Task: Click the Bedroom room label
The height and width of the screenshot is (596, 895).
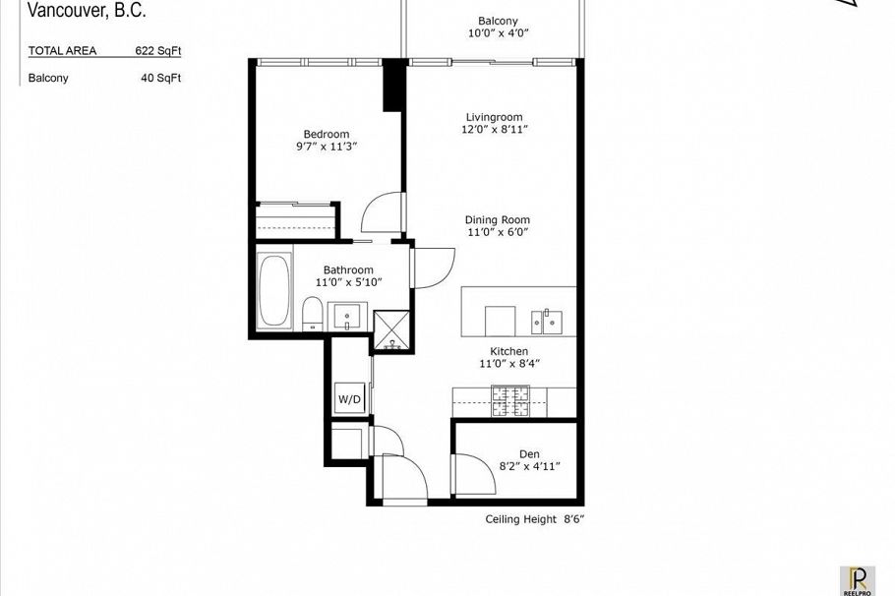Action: point(327,134)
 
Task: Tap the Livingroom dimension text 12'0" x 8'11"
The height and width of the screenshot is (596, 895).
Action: point(495,130)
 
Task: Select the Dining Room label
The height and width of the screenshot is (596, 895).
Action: point(497,219)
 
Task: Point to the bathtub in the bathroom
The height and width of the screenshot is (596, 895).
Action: point(274,290)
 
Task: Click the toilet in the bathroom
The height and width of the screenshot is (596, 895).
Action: point(312,314)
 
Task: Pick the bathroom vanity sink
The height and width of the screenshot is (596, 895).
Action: point(347,317)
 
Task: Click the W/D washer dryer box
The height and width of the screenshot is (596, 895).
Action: point(349,398)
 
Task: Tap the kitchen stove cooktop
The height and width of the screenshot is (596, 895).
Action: point(510,401)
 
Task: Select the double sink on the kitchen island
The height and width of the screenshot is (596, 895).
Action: point(546,322)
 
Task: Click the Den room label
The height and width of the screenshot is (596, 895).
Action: point(529,454)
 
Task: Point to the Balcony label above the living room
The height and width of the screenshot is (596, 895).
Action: point(498,21)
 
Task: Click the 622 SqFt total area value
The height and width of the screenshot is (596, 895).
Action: point(158,51)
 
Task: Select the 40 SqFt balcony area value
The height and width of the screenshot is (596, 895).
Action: point(161,78)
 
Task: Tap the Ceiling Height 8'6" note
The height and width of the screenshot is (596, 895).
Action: point(535,519)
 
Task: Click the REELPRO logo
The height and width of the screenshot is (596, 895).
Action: point(858,580)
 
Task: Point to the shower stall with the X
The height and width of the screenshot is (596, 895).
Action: point(391,330)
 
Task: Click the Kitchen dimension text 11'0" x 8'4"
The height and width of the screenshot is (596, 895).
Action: point(509,364)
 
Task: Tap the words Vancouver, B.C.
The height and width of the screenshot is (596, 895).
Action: point(87,10)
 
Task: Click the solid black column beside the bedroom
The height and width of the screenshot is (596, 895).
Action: point(392,85)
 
